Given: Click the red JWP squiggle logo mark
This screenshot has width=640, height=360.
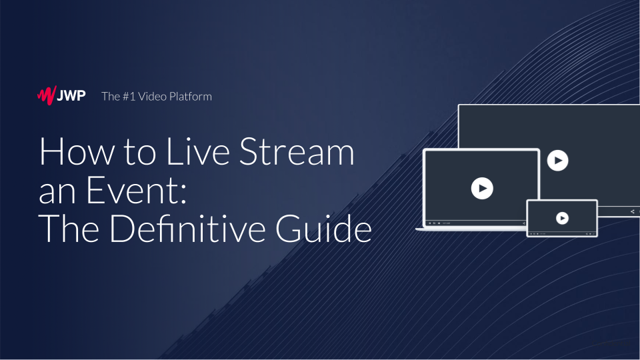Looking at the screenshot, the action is click(x=47, y=95).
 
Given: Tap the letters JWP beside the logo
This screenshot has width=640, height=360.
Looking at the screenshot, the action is click(x=71, y=96).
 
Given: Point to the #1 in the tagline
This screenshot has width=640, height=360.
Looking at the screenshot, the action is click(x=129, y=96).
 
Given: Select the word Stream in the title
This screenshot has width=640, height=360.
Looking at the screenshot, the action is click(x=297, y=151).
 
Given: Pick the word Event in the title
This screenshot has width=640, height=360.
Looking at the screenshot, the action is click(x=132, y=190).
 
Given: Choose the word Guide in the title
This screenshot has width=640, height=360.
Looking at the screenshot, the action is click(x=324, y=229).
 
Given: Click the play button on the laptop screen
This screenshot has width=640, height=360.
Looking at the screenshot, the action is click(x=482, y=188).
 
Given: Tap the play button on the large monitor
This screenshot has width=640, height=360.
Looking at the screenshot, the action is click(x=557, y=161).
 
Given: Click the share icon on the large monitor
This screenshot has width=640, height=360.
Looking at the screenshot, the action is click(x=632, y=211).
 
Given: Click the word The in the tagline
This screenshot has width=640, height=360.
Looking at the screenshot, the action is click(x=110, y=96).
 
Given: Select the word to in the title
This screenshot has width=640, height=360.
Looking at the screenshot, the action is click(x=140, y=152).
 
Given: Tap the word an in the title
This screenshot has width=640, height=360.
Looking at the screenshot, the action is click(x=57, y=194).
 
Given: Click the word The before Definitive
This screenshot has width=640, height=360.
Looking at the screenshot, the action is click(x=69, y=229).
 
